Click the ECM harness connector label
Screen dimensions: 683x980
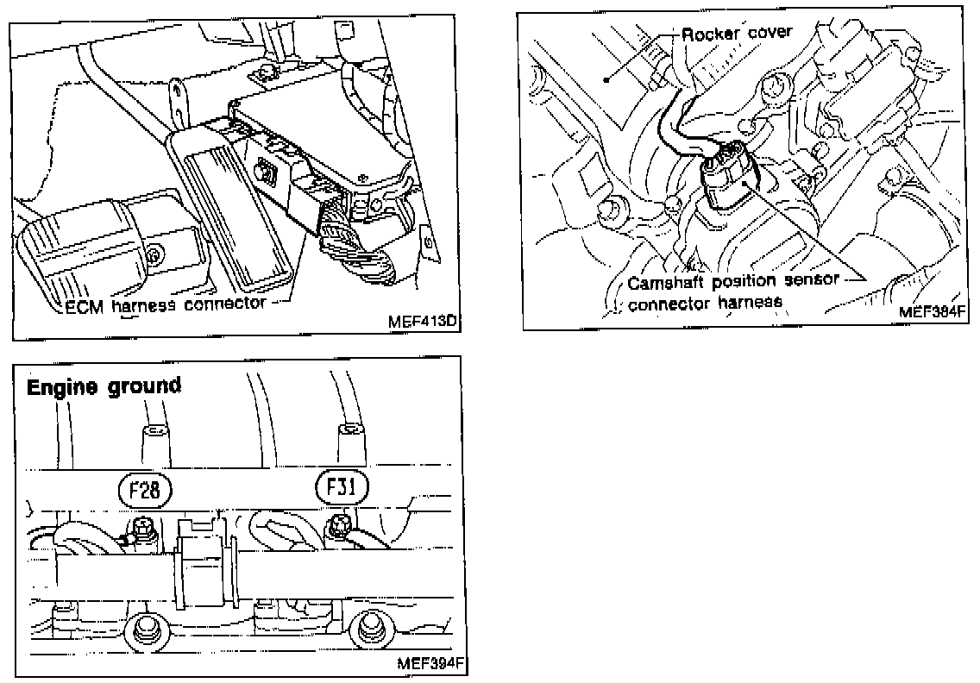pyautogui.click(x=166, y=305)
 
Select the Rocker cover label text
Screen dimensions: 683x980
pyautogui.click(x=737, y=34)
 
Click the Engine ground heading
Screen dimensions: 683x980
pyautogui.click(x=104, y=386)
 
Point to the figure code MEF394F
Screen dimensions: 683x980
pyautogui.click(x=429, y=664)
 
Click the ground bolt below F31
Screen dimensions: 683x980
pyautogui.click(x=339, y=523)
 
